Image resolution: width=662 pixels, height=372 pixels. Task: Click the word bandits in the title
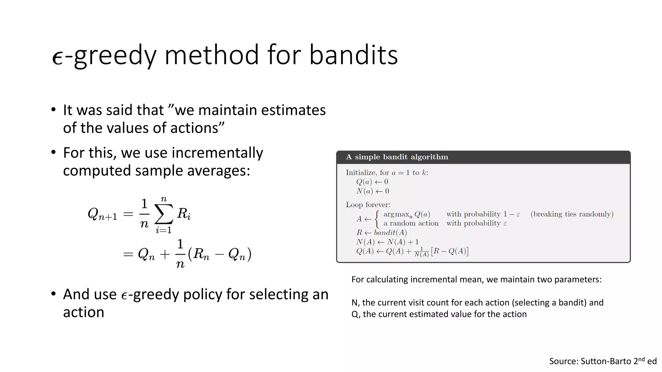click(353, 55)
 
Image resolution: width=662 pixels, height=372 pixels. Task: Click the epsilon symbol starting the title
click(57, 58)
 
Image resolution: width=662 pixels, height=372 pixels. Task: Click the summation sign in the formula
click(164, 214)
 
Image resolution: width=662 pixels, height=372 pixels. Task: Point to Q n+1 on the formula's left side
click(102, 214)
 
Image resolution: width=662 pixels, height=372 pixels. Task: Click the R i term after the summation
click(184, 214)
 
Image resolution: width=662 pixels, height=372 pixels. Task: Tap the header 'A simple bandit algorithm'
click(397, 157)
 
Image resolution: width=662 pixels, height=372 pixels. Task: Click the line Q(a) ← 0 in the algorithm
click(372, 182)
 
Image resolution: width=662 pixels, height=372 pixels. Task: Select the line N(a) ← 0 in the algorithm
click(372, 191)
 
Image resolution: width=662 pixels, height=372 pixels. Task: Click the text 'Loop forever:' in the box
click(368, 205)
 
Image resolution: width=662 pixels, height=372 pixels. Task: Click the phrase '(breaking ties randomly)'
click(571, 214)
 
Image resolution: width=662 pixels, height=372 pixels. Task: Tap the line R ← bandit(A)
click(381, 232)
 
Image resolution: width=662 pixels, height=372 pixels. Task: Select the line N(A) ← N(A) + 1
click(387, 242)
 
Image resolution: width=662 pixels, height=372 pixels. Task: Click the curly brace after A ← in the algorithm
click(377, 219)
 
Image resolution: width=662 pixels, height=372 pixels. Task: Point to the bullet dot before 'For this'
click(53, 152)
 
